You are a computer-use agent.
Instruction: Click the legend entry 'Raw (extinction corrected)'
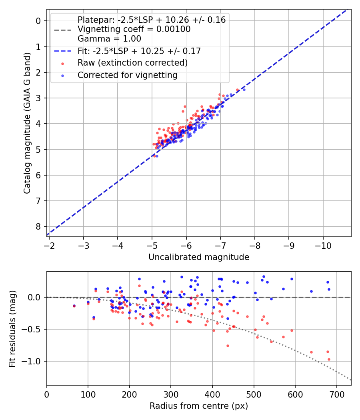coord(132,63)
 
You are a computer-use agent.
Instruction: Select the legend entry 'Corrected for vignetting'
coord(127,75)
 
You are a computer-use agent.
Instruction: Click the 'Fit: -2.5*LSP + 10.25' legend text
coord(139,51)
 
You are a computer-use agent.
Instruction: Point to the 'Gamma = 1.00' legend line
coord(109,39)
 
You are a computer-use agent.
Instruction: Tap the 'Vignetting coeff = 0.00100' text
coord(134,29)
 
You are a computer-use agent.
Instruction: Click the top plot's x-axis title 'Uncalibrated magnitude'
coord(199,257)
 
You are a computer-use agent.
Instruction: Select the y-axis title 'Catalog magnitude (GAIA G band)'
coord(27,123)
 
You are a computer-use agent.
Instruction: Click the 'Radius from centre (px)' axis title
coord(199,406)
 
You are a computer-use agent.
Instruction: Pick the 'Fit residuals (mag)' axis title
coord(12,328)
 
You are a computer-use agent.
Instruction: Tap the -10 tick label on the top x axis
coord(324,244)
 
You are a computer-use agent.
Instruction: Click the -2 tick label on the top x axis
coord(49,244)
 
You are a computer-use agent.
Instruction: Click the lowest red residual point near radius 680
coord(329,359)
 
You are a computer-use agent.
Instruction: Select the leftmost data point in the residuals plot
coord(74,306)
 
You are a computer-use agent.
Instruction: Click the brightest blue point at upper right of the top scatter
coord(244,90)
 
